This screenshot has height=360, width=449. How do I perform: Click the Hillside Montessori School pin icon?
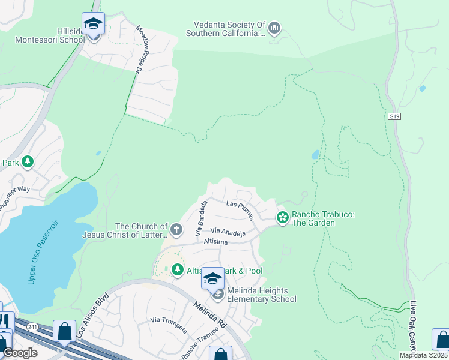pos(93,24)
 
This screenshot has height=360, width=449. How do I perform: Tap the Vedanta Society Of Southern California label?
pos(229,29)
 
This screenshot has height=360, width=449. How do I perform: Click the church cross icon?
pos(176,229)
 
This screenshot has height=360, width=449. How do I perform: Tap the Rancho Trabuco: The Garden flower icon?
pos(282,217)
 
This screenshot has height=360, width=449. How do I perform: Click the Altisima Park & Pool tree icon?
pos(177,270)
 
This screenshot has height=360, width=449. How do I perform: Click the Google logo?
pos(20,353)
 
